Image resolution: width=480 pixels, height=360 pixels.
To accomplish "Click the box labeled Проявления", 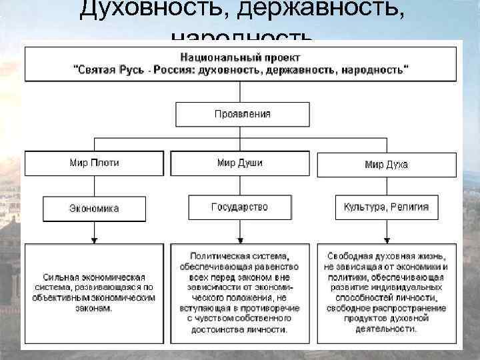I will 242,114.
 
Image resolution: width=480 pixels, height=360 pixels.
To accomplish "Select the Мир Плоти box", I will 94,163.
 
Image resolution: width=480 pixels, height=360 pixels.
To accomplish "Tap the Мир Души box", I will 240,163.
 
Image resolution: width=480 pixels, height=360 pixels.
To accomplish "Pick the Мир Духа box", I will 387,164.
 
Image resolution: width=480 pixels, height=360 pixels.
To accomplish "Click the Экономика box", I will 94,208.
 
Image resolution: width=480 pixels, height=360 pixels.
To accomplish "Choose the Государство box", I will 240,207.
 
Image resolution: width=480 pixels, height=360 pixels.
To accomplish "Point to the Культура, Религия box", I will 387,207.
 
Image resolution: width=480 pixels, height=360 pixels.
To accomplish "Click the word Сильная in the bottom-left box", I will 63,277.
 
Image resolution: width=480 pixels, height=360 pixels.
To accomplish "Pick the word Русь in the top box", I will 155,69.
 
